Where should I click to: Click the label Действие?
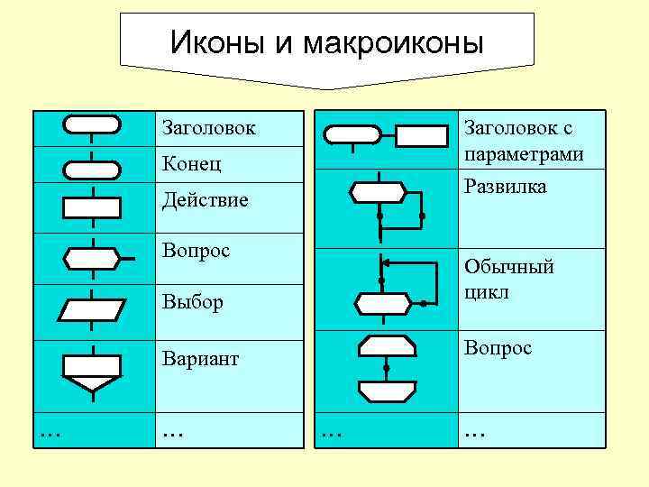tap(204, 199)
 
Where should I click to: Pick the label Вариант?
tap(200, 359)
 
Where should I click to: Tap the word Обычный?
tap(508, 267)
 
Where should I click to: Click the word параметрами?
tap(524, 154)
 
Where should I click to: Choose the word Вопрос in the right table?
tap(498, 348)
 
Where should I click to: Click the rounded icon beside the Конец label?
tap(92, 169)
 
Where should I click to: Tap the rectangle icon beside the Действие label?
tap(92, 207)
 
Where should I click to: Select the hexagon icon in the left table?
tap(92, 258)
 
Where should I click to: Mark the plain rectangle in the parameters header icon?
tap(422, 135)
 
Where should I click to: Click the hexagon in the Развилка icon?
tap(378, 191)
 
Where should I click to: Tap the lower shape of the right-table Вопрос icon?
tap(387, 391)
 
